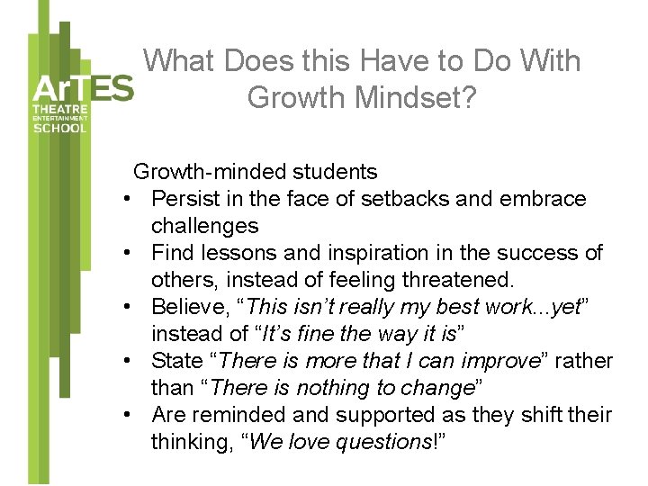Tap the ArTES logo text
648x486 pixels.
82,89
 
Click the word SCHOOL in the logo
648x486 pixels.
60,128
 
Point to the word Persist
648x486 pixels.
184,199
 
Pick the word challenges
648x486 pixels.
204,226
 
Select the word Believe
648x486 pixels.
188,307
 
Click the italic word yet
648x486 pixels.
567,307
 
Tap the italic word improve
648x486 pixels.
490,361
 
